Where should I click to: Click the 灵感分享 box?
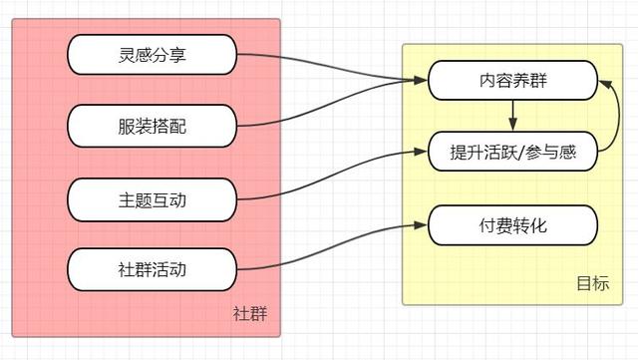(x=153, y=53)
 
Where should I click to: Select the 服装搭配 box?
(x=153, y=126)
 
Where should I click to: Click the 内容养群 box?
(x=512, y=80)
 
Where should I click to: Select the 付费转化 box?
(x=512, y=226)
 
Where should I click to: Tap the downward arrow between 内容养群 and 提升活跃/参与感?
(x=512, y=116)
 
